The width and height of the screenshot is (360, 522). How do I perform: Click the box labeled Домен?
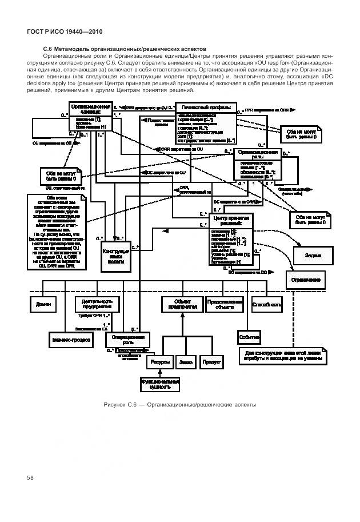[x=43, y=304]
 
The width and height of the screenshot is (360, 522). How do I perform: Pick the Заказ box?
[x=186, y=361]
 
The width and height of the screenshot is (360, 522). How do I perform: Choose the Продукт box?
[x=211, y=361]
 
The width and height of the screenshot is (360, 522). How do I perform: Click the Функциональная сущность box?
[x=160, y=384]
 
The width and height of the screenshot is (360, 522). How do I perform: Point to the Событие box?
[x=250, y=337]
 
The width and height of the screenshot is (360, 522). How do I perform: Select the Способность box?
[x=267, y=304]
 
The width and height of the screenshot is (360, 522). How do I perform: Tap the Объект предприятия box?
[x=179, y=304]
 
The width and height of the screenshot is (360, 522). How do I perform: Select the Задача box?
[x=312, y=254]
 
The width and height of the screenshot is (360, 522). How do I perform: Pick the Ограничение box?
[x=308, y=280]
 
